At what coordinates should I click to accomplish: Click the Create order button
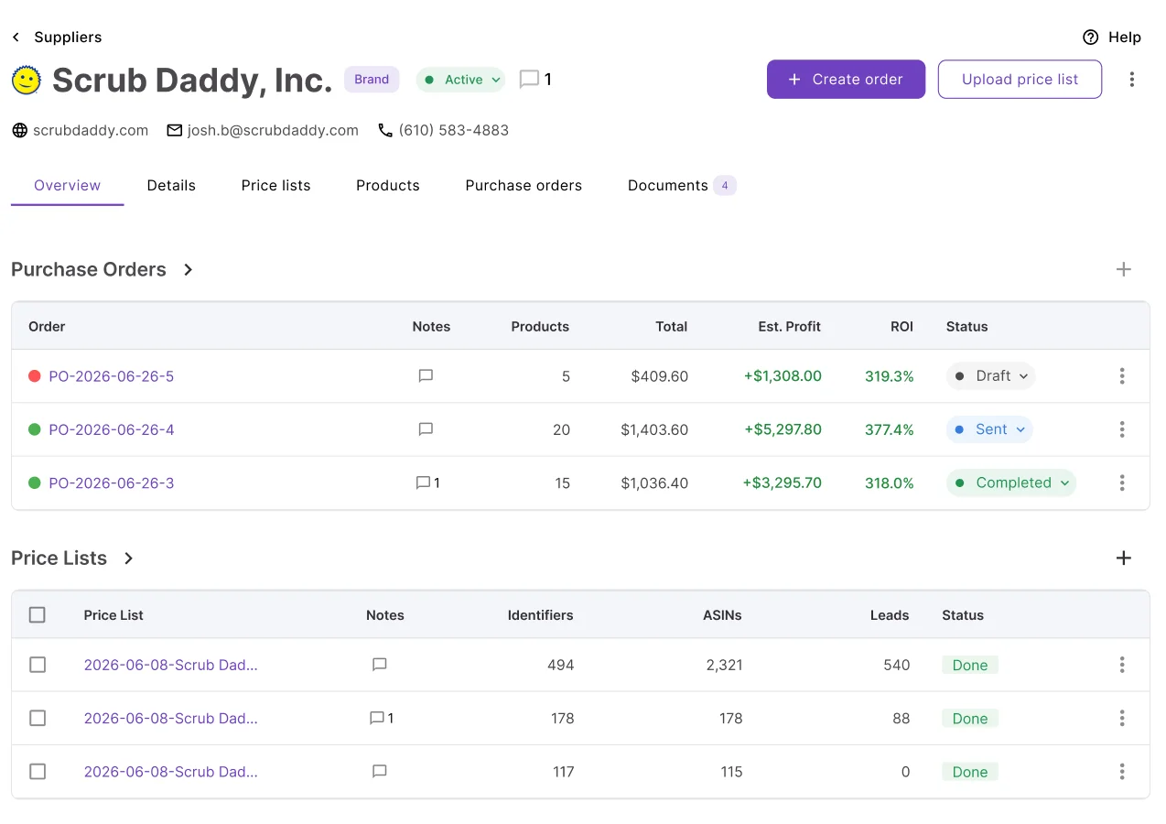click(846, 79)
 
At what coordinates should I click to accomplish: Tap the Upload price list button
click(1020, 79)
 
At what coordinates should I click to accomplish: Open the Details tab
click(171, 186)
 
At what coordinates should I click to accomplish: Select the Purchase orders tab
click(524, 186)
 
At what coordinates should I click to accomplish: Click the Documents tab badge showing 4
click(724, 186)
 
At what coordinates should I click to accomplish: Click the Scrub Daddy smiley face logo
click(26, 80)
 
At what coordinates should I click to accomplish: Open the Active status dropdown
click(460, 80)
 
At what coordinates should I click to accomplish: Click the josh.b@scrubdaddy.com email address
click(273, 130)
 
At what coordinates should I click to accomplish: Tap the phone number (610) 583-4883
click(453, 130)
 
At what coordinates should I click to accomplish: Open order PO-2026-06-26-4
click(112, 429)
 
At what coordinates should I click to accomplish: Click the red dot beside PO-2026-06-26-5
click(35, 376)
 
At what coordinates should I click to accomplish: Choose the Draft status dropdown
click(990, 376)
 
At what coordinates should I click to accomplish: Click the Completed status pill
click(1011, 482)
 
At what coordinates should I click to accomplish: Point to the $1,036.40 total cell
click(654, 482)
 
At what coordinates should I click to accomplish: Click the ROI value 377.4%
click(889, 429)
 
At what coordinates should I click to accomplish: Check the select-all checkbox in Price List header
click(37, 615)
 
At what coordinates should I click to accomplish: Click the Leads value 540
click(896, 665)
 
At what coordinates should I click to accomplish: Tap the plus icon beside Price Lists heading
click(1123, 558)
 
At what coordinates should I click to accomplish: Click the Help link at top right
click(1112, 37)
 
